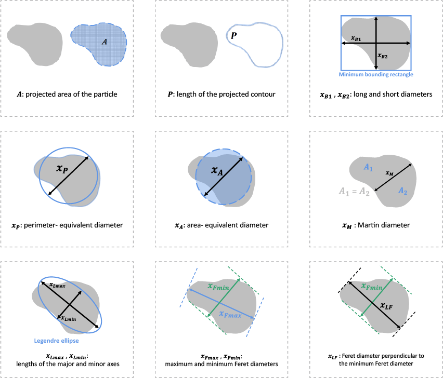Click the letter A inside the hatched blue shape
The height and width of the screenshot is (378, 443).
pos(105,42)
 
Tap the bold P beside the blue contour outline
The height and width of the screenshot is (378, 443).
pos(233,35)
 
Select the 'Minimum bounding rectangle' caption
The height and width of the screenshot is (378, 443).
pos(376,74)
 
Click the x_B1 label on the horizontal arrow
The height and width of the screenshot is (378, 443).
pos(356,38)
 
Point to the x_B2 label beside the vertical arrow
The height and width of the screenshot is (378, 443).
pos(383,56)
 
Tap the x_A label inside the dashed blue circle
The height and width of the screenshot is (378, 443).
pos(217,170)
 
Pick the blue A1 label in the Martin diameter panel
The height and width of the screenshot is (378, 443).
pos(368,168)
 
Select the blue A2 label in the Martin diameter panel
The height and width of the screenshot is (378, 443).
pos(402,191)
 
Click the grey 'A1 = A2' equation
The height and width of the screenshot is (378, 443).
pos(354,192)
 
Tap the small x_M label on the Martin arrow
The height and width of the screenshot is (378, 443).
pos(389,173)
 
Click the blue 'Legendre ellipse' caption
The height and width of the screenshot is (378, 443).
pos(56,341)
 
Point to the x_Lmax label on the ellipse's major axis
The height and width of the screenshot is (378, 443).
pos(57,285)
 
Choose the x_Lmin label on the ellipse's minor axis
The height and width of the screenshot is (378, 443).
pos(69,319)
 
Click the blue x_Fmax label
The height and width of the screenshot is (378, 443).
pos(230,314)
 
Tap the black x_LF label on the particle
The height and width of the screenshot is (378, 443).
pos(386,305)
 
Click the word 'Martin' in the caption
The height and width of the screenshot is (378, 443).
pos(367,225)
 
